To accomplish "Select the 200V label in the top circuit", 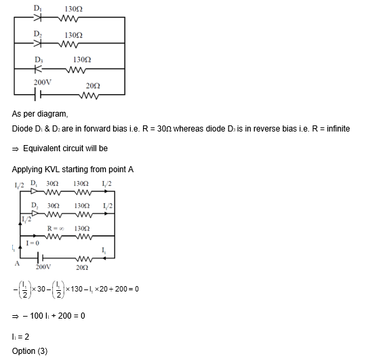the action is coord(43,82).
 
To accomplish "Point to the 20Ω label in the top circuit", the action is coord(93,85).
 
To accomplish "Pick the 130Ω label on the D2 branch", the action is coord(73,35).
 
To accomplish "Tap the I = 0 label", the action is coord(32,242).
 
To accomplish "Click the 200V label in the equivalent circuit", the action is coord(44,267).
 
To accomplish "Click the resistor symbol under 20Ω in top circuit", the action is coord(93,95).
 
